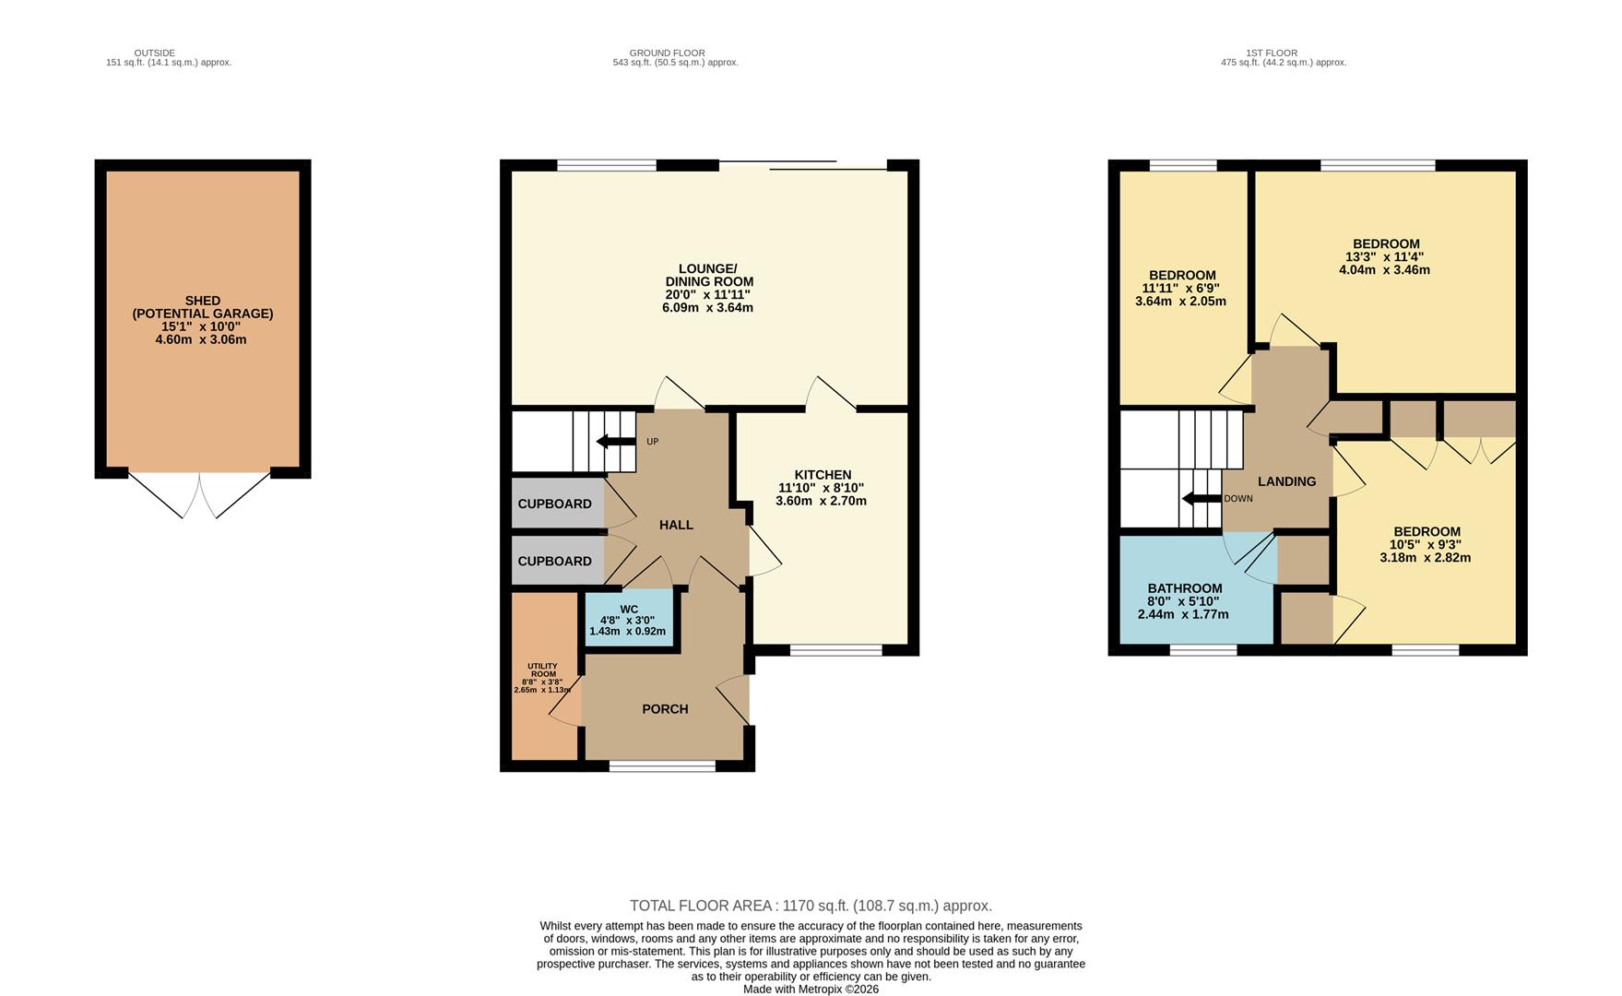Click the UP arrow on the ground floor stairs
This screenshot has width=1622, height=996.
616,442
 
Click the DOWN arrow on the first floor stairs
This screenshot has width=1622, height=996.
1201,499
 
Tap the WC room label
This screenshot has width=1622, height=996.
629,610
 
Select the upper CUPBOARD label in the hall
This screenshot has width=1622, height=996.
554,504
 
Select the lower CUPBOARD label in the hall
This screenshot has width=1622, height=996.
554,562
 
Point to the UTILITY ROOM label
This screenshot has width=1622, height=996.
542,670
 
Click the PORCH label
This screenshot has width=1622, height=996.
665,709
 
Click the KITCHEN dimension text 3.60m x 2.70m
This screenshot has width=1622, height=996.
821,502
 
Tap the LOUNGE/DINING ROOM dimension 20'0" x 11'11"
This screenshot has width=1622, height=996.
707,295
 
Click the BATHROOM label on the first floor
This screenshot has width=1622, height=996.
1184,588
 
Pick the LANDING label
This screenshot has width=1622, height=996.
1286,481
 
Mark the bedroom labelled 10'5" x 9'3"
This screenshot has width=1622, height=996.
1426,532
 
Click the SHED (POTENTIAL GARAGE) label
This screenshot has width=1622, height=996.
203,307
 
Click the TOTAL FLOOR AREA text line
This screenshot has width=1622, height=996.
811,906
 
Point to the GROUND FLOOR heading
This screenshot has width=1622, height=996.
667,53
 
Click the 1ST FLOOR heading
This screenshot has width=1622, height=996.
1271,53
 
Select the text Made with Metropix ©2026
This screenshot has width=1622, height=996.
811,990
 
